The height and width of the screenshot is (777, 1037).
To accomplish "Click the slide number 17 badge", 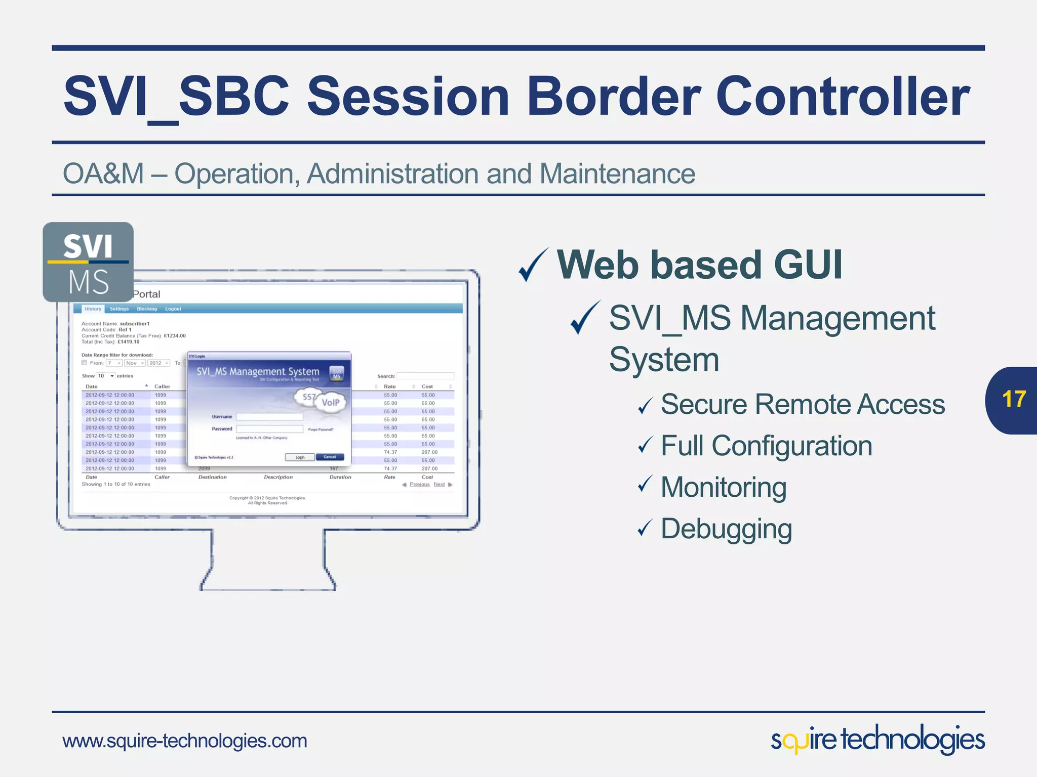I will [1013, 400].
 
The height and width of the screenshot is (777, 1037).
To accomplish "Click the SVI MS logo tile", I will [88, 262].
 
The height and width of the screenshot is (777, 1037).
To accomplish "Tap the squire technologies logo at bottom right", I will [878, 740].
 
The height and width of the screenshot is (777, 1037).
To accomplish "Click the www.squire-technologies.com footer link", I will [185, 741].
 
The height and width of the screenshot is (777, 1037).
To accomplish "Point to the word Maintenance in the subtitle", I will [617, 174].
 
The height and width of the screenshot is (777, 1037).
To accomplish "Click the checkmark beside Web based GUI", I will [533, 265].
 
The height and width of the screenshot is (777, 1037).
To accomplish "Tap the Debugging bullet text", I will [726, 529].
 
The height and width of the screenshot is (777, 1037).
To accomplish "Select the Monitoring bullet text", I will [723, 488].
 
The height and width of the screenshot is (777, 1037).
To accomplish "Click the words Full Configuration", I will [766, 446].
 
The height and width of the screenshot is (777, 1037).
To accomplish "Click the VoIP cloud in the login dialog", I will [331, 403].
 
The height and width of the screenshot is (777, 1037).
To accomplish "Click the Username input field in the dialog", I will [269, 417].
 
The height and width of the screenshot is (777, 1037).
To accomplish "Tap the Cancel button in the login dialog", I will [330, 457].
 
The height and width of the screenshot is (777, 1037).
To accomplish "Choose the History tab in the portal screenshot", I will [93, 309].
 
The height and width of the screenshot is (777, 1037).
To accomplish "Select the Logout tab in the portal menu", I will [173, 309].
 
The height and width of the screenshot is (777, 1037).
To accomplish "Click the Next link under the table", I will [439, 485].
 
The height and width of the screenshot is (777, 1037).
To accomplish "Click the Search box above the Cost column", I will [425, 376].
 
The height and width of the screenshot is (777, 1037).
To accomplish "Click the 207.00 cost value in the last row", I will [429, 468].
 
